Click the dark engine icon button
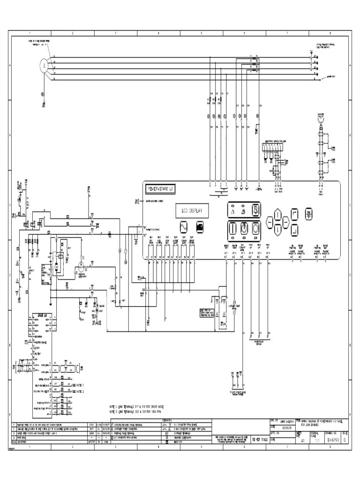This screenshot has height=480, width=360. (200, 226)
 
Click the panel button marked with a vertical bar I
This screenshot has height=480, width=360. (232, 229)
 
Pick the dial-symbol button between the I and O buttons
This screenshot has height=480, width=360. (244, 229)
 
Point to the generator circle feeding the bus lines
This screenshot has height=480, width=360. (43, 66)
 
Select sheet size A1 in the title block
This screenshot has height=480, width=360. (302, 441)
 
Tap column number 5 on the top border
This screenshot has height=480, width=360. (201, 33)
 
